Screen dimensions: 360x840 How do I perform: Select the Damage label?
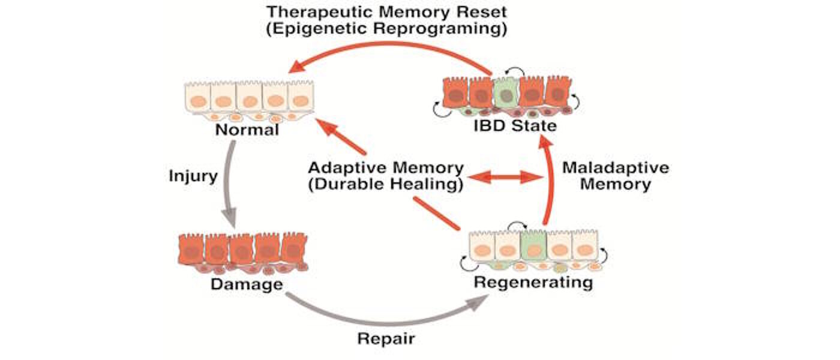[246, 283]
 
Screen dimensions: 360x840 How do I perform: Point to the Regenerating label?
[533, 281]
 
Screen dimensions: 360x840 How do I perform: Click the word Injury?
[193, 177]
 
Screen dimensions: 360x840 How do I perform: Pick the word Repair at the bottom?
[386, 338]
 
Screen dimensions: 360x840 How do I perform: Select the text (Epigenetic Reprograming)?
[387, 29]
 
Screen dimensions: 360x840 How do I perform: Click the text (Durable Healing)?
[385, 185]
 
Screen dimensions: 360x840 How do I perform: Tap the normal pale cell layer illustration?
[248, 99]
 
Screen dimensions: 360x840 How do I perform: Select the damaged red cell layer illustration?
[243, 252]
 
